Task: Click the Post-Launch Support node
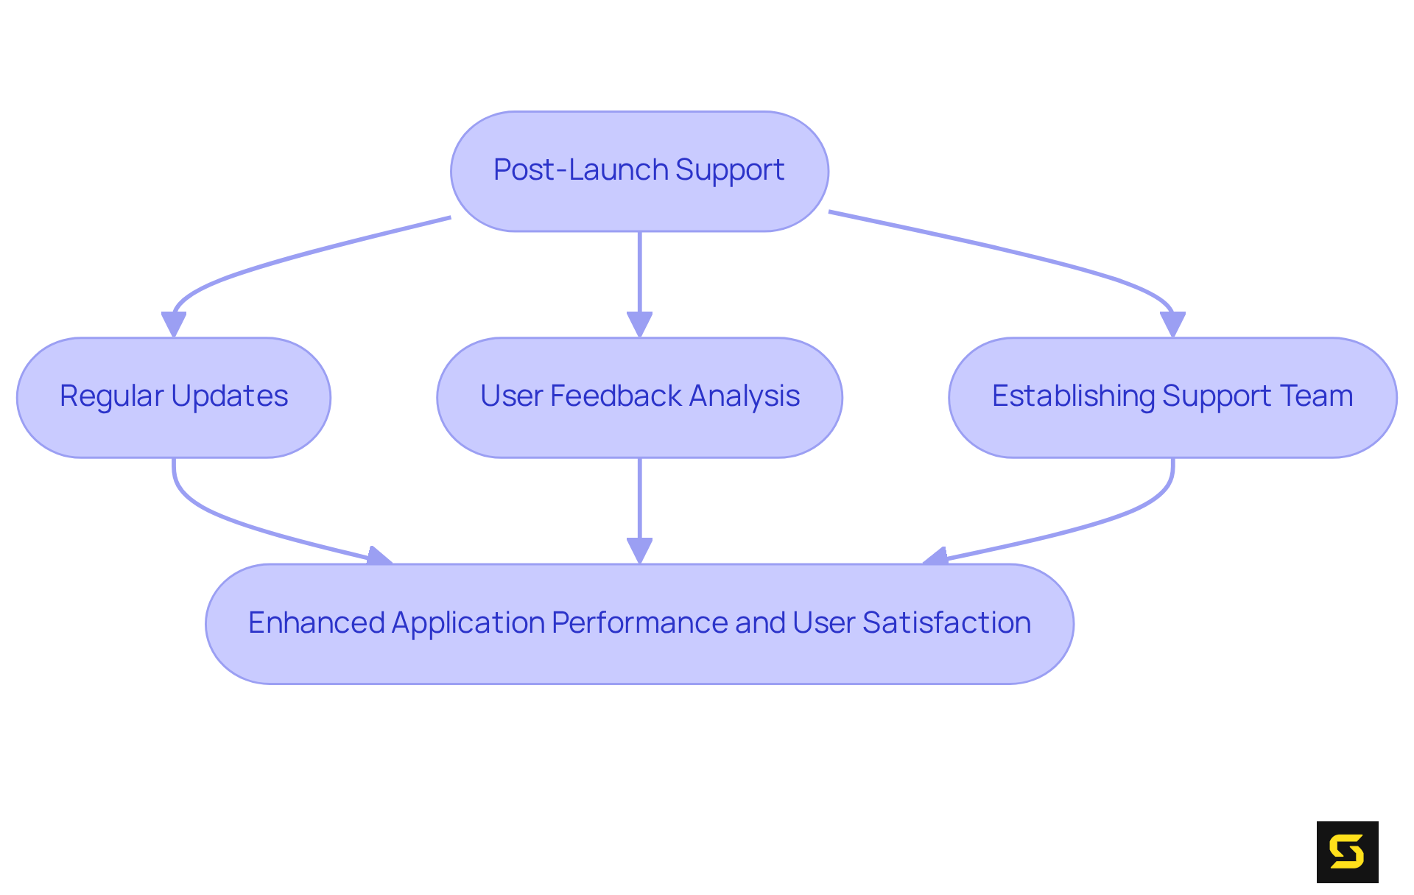(639, 171)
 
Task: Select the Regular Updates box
(174, 397)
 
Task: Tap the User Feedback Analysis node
(639, 397)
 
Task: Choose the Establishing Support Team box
(1172, 397)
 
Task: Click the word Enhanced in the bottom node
(316, 623)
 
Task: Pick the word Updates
(230, 396)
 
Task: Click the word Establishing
(1073, 396)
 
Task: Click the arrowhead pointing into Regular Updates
(174, 324)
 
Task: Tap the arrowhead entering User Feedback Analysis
(639, 324)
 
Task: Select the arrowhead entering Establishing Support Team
(1172, 324)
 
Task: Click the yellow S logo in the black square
(1347, 852)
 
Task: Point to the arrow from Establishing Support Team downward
(1134, 512)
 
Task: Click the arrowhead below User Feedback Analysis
(639, 550)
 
